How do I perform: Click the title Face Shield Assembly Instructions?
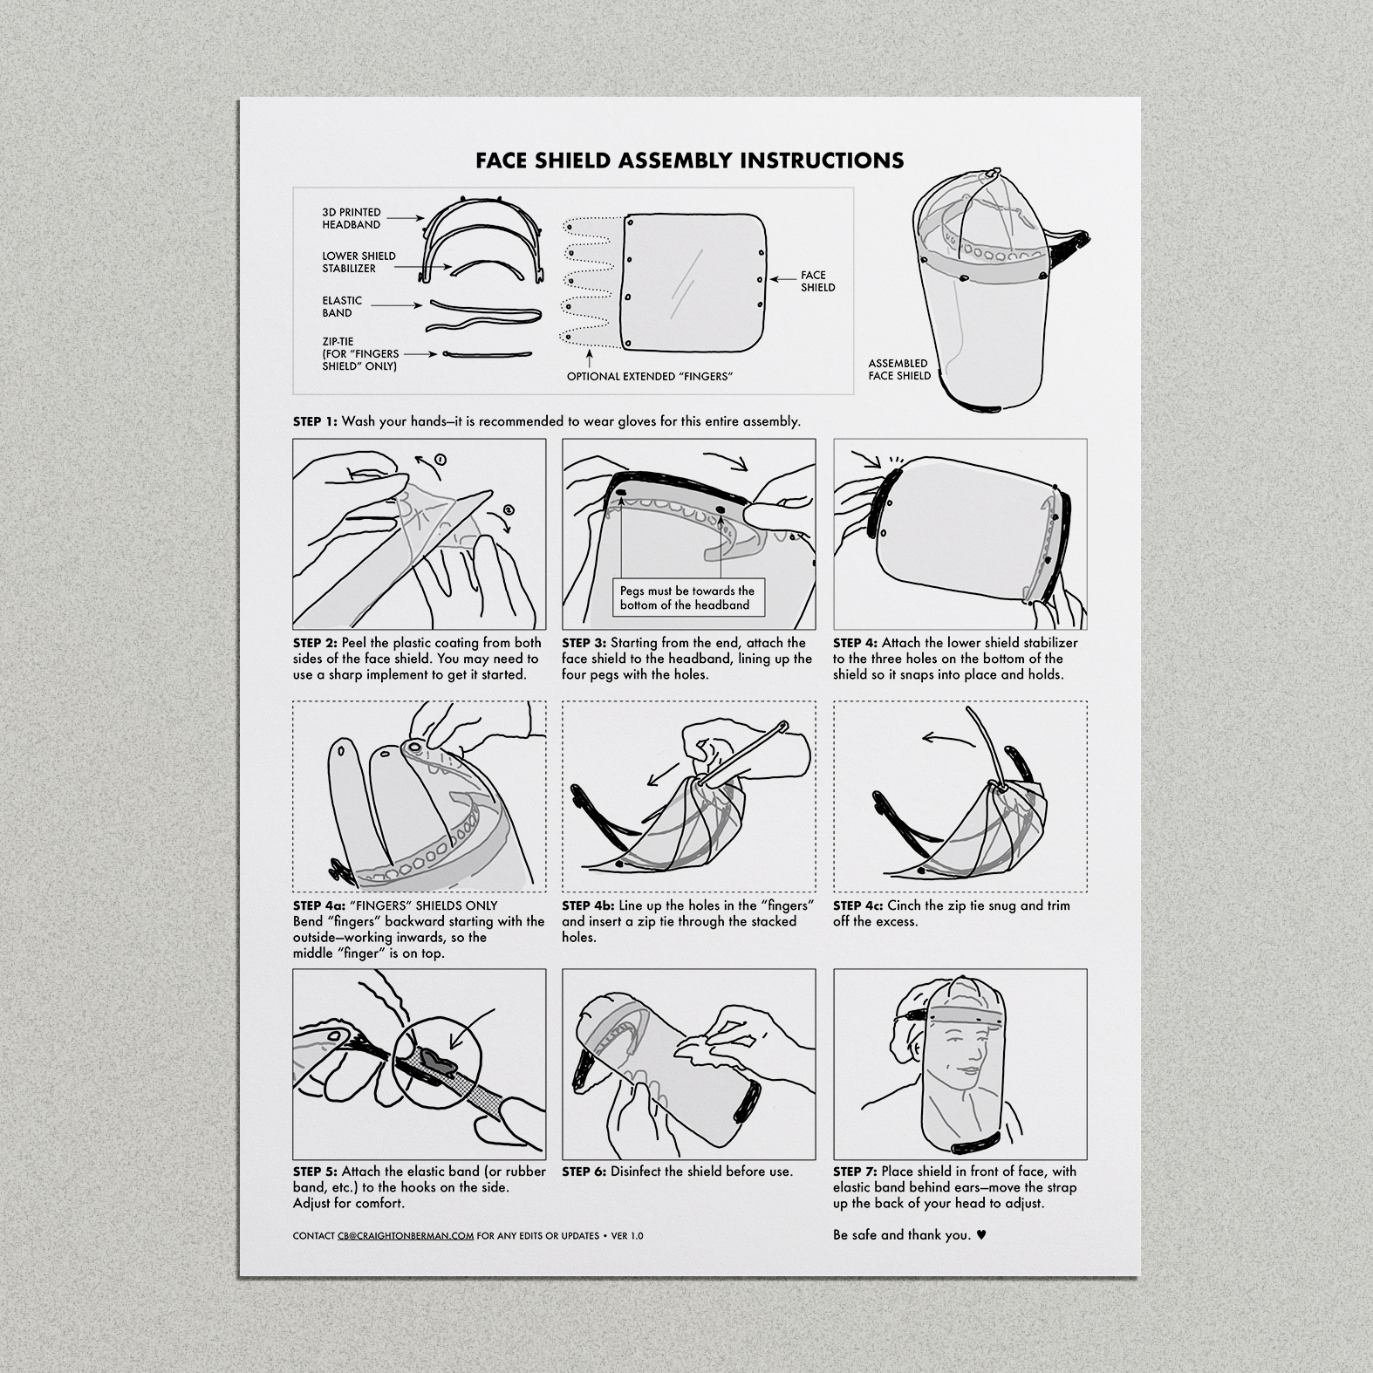pos(689,161)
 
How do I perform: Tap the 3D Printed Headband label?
pos(352,218)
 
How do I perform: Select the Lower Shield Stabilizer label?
pos(359,262)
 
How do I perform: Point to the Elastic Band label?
pos(342,306)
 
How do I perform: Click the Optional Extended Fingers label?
pos(649,376)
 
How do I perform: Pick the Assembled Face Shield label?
pos(899,370)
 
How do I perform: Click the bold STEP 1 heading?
pos(315,421)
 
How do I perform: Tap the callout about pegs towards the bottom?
pos(687,598)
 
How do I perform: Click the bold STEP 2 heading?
pos(315,643)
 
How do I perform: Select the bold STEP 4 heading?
pos(855,643)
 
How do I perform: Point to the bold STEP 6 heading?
pos(584,1171)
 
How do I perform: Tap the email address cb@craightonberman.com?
pos(406,1236)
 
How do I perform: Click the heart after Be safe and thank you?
pos(981,1235)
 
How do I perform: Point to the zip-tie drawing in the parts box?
pos(488,354)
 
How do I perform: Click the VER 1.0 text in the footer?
pos(627,1236)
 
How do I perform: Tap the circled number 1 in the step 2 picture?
pos(441,459)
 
